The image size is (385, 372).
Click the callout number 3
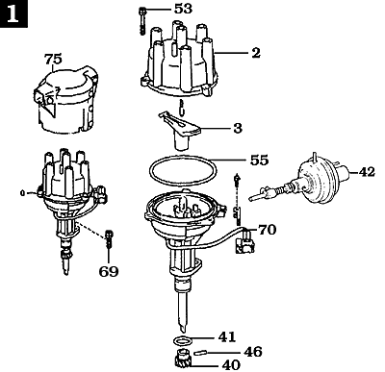237,126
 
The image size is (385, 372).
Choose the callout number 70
267,230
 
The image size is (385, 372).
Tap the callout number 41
226,336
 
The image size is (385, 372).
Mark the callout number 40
231,364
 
